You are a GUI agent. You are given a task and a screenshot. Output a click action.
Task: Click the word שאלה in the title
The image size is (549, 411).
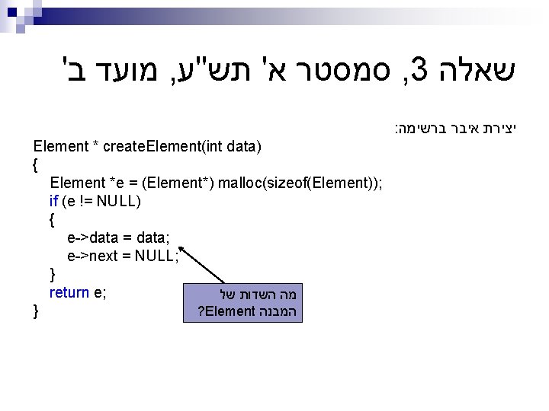coord(478,73)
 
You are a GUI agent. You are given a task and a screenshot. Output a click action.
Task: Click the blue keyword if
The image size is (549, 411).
coord(53,201)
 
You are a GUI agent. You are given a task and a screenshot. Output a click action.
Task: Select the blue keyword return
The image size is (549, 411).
coord(69,292)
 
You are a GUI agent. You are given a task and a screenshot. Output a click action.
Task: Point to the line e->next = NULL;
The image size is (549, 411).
coord(123,256)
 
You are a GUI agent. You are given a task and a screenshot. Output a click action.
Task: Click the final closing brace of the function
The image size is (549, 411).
coord(36,311)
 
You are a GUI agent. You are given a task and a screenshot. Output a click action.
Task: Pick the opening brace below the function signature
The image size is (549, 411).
coord(36,164)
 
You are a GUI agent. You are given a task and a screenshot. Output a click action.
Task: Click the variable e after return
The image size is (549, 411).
coord(99,292)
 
